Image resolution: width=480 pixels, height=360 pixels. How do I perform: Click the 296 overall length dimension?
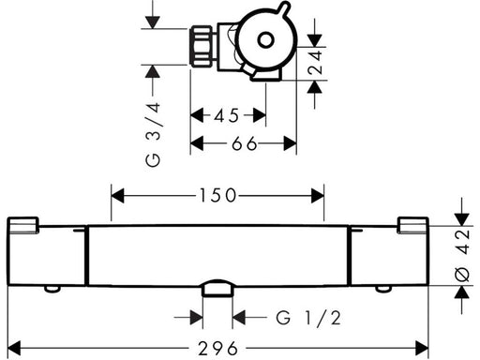pyautogui.click(x=218, y=348)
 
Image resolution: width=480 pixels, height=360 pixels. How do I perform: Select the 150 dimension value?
pyautogui.click(x=217, y=196)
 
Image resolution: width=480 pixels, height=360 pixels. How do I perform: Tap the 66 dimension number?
pyautogui.click(x=245, y=144)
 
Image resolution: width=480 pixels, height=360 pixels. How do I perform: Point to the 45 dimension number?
pyautogui.click(x=227, y=115)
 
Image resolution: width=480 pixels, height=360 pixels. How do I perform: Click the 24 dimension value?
pyautogui.click(x=315, y=62)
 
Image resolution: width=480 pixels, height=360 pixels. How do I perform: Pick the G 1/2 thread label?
pyautogui.click(x=308, y=318)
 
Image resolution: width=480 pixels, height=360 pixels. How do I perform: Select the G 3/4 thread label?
pyautogui.click(x=153, y=135)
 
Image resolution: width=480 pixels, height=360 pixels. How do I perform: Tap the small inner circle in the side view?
pyautogui.click(x=266, y=40)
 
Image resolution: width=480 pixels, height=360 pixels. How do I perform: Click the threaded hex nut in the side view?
pyautogui.click(x=201, y=47)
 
